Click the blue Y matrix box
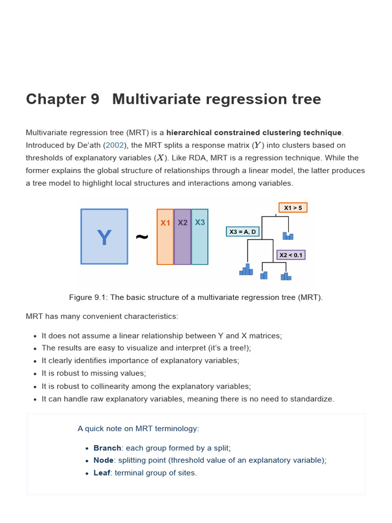coord(104,236)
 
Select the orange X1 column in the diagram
coord(165,236)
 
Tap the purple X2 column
coord(182,236)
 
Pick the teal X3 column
coord(200,236)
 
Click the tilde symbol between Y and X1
coord(142,236)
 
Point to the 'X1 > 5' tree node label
coord(293,207)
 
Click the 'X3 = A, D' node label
coord(243,231)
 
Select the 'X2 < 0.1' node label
coord(290,255)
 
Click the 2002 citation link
coord(114,145)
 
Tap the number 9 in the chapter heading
coord(94,99)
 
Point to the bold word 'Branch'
coord(107,448)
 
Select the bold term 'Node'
coord(104,460)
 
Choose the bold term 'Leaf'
coord(102,473)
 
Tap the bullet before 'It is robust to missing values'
coord(35,373)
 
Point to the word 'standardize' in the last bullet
coord(312,399)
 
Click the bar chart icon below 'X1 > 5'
coord(288,235)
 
